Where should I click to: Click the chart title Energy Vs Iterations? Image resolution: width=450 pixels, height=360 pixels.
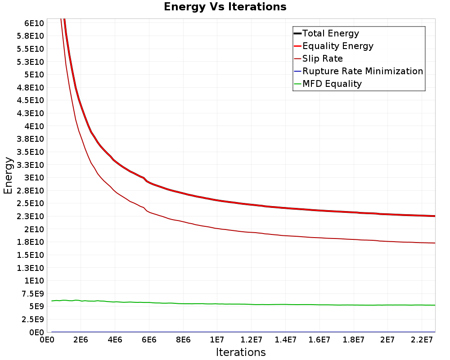[225, 7]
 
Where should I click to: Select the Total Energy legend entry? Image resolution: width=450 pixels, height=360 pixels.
[326, 33]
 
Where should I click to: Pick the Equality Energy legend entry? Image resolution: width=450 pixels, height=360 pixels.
[333, 46]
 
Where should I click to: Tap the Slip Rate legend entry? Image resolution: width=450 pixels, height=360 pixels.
[318, 58]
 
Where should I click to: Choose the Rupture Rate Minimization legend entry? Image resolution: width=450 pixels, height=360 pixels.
[359, 71]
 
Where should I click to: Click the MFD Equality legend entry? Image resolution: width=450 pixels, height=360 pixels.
[328, 84]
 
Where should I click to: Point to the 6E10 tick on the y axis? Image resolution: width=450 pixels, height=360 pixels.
[34, 23]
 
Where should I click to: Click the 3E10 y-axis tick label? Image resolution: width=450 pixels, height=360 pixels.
[34, 178]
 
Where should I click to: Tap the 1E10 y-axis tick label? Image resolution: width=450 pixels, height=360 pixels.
[34, 280]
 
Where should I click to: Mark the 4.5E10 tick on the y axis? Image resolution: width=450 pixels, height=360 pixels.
[31, 100]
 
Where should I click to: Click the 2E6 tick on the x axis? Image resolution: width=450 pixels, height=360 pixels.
[81, 340]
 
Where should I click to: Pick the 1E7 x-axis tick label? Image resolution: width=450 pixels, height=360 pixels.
[217, 340]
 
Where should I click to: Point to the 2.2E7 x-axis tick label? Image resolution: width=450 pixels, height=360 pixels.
[422, 340]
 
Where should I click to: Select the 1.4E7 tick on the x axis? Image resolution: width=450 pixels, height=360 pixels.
[285, 340]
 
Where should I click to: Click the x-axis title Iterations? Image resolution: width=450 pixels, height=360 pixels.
[241, 352]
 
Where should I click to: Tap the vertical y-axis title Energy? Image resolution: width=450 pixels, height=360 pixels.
[8, 175]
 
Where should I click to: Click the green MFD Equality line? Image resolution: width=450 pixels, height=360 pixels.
[243, 304]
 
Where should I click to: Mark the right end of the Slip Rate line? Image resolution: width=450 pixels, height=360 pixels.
[435, 243]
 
